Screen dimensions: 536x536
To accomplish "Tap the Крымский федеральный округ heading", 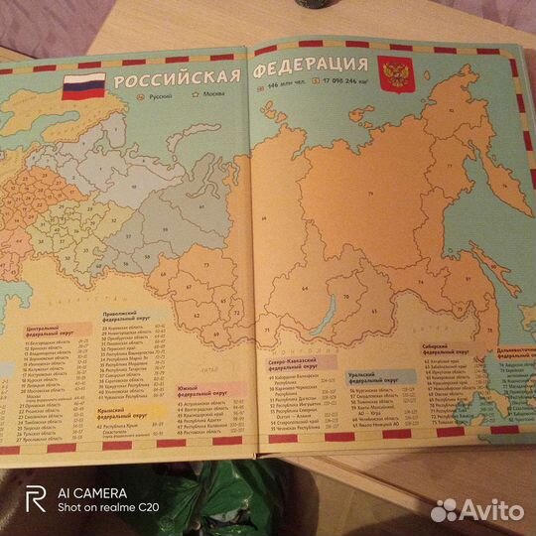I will click(x=125, y=411).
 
